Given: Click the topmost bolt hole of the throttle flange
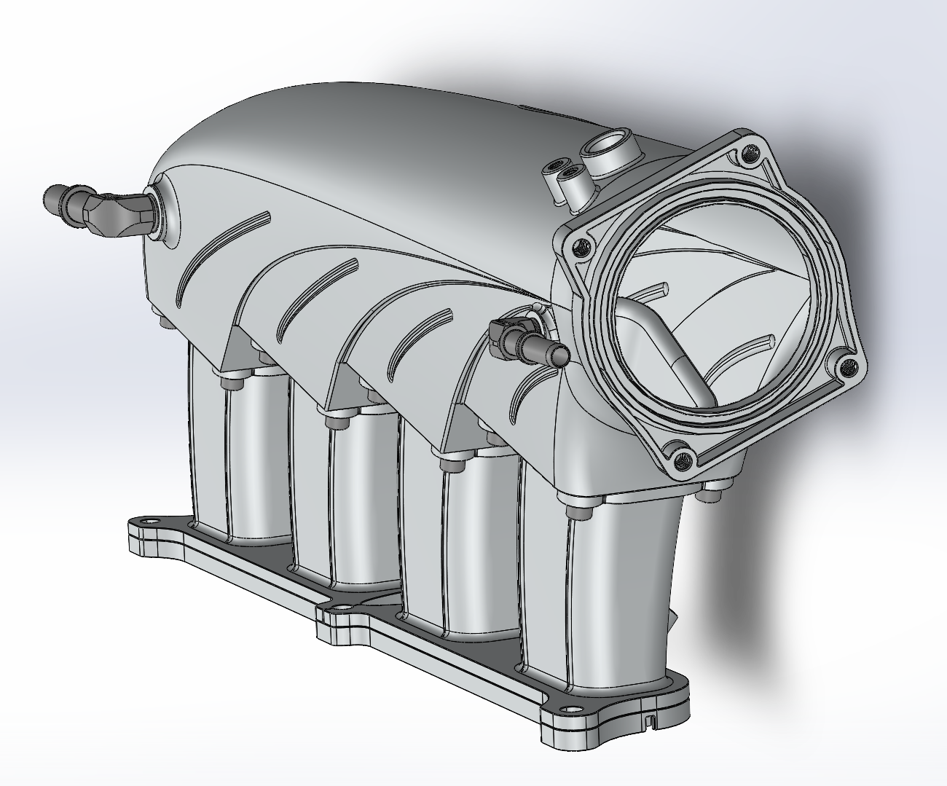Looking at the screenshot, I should tap(750, 153).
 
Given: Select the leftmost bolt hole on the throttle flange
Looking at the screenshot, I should tap(581, 248).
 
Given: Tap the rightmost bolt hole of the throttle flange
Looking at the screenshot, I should tap(845, 366).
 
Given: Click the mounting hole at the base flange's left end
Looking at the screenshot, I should tap(150, 522).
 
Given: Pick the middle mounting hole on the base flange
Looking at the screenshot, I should tap(339, 606).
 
